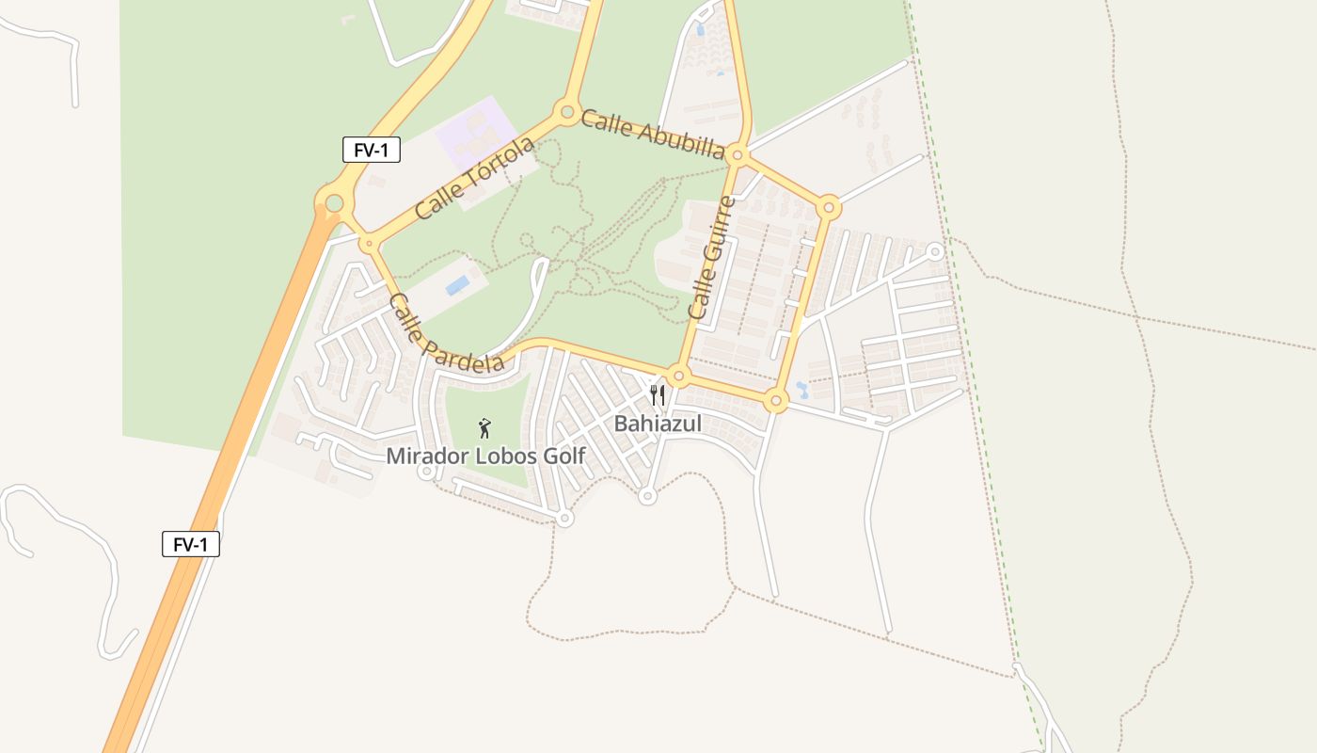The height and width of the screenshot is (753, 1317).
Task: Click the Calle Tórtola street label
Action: [474, 177]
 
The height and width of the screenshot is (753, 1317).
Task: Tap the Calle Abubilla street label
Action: [652, 135]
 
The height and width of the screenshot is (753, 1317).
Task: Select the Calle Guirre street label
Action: [711, 257]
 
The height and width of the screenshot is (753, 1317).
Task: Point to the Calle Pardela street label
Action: [445, 333]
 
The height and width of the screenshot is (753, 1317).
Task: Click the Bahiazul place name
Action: [658, 424]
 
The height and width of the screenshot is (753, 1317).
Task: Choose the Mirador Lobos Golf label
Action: [485, 457]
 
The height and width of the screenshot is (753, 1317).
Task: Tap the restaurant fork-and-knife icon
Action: [658, 395]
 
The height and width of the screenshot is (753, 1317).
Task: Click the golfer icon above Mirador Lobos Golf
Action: [484, 429]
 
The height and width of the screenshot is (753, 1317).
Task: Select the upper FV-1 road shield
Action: [372, 150]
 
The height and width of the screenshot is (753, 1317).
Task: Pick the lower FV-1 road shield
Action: [191, 544]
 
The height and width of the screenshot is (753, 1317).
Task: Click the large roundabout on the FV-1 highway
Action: [334, 202]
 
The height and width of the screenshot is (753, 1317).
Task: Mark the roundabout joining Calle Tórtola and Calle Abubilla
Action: [567, 112]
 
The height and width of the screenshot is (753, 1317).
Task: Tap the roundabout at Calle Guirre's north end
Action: [738, 155]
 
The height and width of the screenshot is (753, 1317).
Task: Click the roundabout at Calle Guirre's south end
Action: [679, 376]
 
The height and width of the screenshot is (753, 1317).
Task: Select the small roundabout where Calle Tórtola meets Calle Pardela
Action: [369, 244]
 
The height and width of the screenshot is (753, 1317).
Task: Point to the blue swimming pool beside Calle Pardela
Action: [457, 284]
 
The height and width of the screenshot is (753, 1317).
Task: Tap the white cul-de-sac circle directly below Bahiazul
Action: [647, 496]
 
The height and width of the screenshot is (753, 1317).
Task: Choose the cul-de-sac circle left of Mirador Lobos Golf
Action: [425, 472]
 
